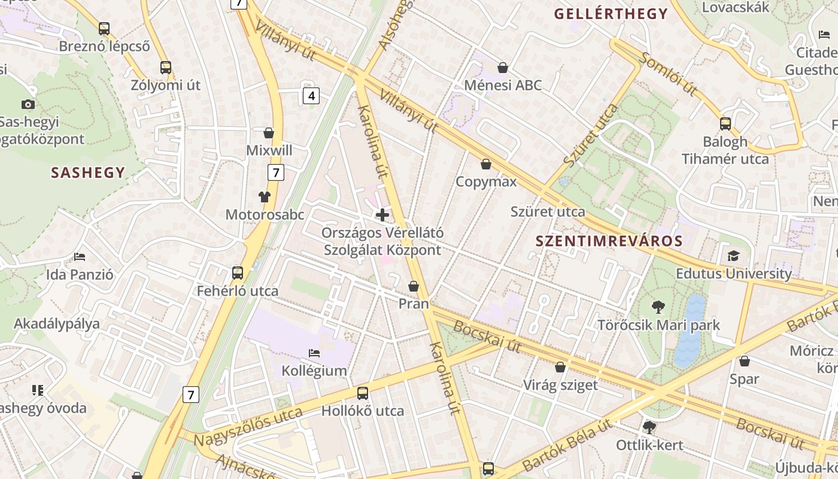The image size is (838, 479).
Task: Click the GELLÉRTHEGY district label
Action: tap(611, 14)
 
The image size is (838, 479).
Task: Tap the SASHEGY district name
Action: tap(88, 173)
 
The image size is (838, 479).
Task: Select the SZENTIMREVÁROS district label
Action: tap(609, 241)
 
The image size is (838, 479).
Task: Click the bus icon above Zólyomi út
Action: tap(166, 68)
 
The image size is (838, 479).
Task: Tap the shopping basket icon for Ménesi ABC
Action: tap(503, 68)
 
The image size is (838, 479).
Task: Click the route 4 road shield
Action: tap(310, 95)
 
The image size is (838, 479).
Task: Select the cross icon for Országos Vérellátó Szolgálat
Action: tap(382, 214)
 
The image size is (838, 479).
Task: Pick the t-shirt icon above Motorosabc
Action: tap(265, 196)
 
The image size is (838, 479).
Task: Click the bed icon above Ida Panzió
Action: tap(80, 257)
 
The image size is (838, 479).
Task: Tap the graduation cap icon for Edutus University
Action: tap(733, 256)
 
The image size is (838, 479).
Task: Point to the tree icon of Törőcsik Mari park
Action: tap(658, 308)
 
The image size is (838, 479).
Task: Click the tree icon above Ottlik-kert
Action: tap(649, 428)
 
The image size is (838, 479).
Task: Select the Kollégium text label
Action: tap(314, 371)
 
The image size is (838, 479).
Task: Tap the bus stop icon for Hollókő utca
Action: tap(362, 393)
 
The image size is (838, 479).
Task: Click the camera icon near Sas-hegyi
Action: tap(28, 105)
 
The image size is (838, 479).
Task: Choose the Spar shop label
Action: tap(744, 379)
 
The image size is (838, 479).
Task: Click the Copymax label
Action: tap(486, 181)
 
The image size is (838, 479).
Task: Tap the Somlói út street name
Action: tap(669, 74)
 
